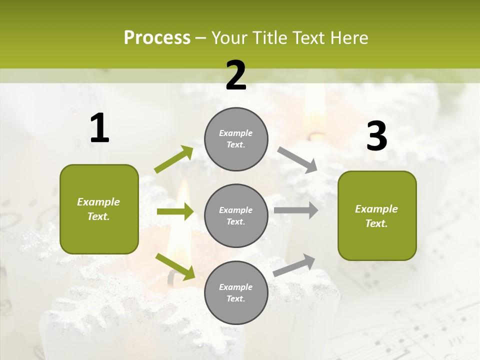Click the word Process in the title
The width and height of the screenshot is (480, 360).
[157, 38]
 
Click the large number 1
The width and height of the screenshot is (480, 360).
[99, 128]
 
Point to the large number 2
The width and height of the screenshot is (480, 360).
[236, 75]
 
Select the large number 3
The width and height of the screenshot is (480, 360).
[376, 136]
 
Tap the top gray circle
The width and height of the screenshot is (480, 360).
[236, 139]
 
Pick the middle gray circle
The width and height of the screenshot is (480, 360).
[236, 216]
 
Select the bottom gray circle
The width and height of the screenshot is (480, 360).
[236, 293]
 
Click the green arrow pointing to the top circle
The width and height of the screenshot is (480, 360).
[174, 159]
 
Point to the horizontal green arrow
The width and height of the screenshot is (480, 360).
[175, 211]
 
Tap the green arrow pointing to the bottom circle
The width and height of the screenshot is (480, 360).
[175, 266]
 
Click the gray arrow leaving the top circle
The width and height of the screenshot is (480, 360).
[297, 159]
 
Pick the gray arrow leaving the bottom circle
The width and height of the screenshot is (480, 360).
[294, 265]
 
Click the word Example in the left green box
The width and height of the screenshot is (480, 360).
[98, 202]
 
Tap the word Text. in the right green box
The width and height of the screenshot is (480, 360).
[376, 223]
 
